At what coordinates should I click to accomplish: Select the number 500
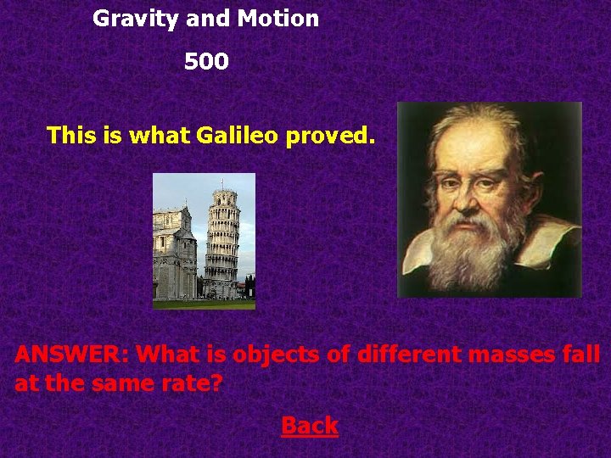coord(206,62)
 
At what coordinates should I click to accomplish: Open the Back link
coord(310,426)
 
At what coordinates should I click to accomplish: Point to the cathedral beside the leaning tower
coord(174,254)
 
